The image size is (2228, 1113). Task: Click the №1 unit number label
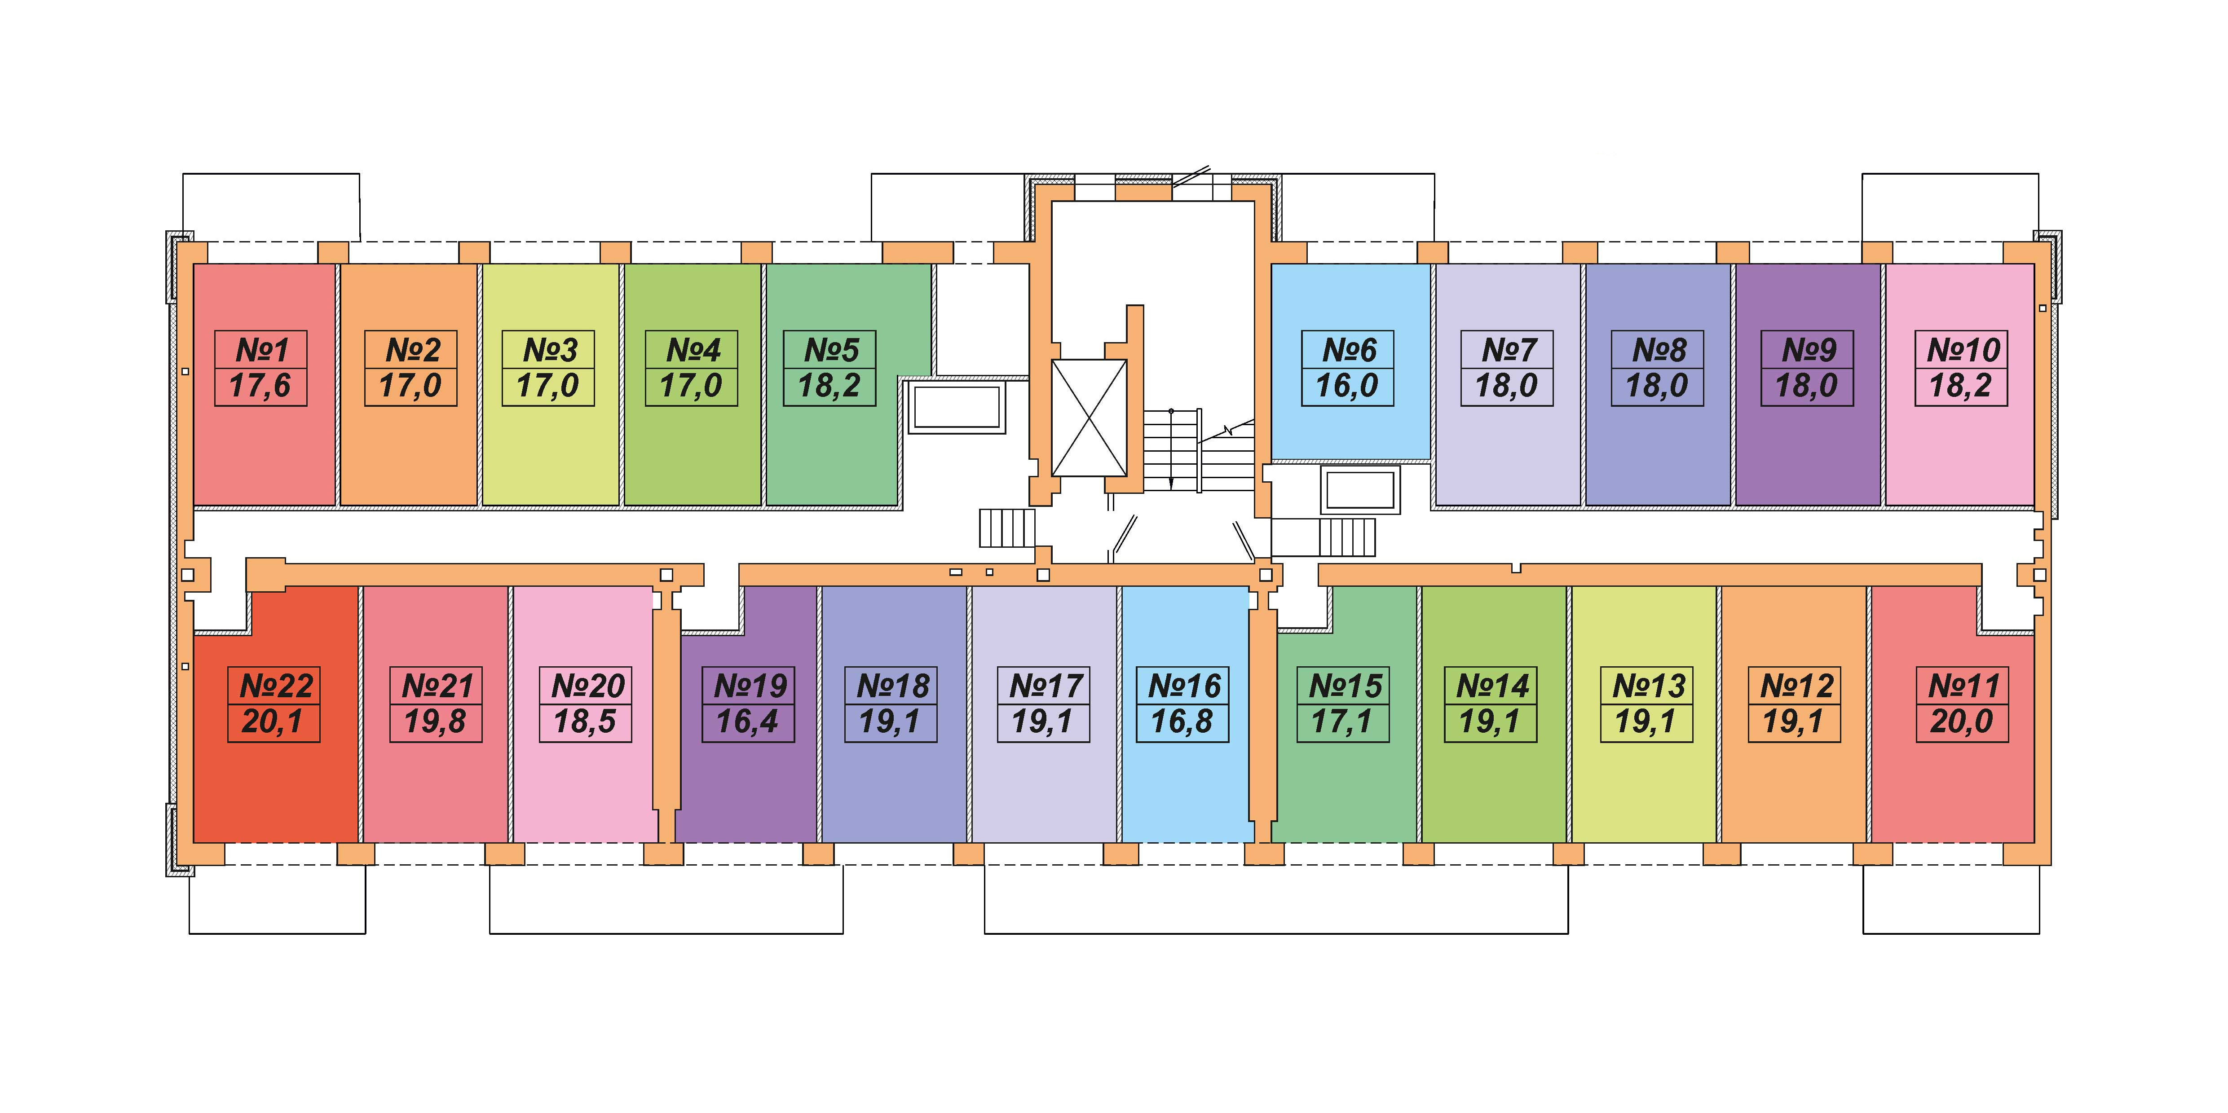click(x=261, y=350)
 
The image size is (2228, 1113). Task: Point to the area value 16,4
click(x=747, y=721)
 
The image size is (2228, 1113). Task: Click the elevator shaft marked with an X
click(x=1089, y=418)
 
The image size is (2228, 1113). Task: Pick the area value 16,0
click(x=1347, y=386)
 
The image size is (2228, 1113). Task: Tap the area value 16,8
click(x=1182, y=721)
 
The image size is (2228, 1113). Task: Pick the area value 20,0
click(x=1962, y=721)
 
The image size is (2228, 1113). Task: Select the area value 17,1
click(x=1342, y=721)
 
